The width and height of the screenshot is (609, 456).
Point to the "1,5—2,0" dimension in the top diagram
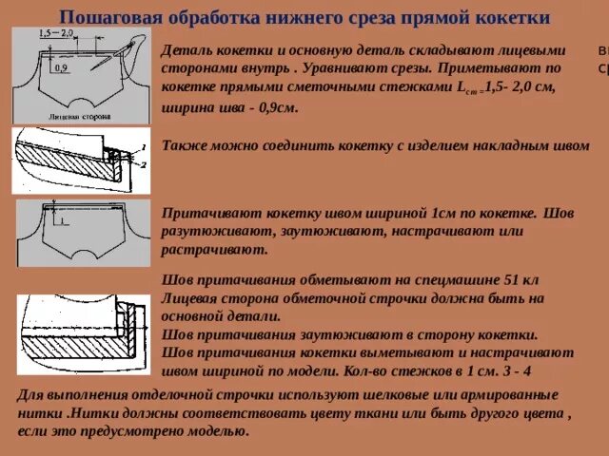click(58, 33)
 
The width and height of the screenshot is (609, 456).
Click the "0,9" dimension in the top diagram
click(60, 68)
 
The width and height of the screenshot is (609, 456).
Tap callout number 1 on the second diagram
click(142, 145)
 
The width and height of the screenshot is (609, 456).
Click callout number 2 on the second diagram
click(142, 164)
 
